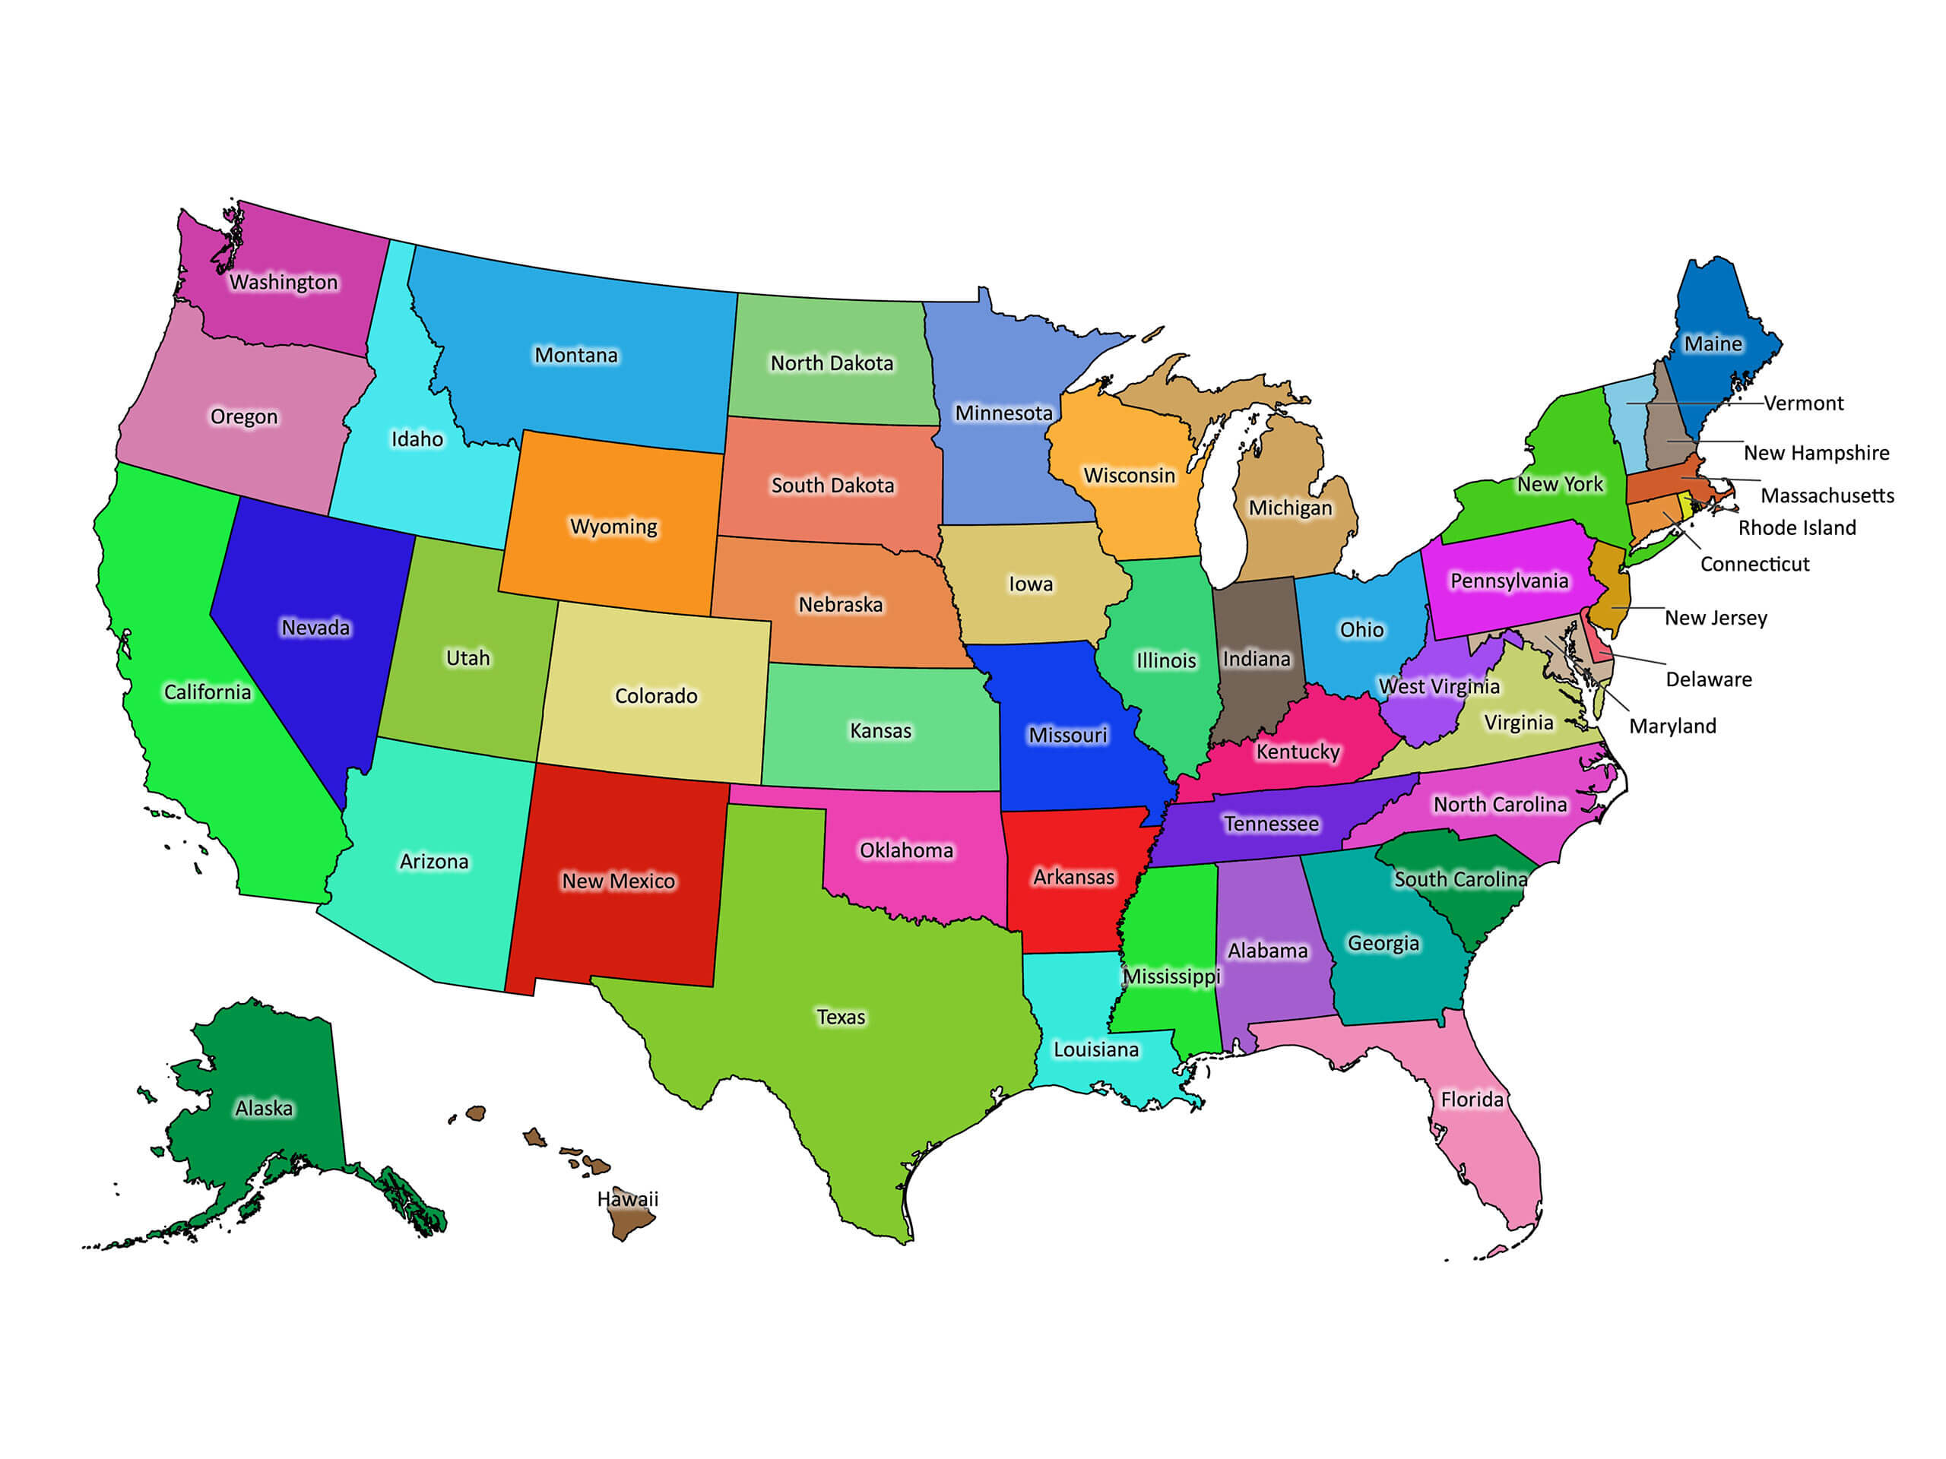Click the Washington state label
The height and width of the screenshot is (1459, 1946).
pos(284,283)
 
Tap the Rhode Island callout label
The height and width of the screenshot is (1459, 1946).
pos(1796,527)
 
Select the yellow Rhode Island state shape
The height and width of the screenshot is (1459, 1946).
pos(1685,505)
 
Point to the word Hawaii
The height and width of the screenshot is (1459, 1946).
pos(627,1198)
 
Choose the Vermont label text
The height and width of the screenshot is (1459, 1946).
pos(1804,404)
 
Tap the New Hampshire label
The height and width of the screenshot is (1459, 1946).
pos(1816,453)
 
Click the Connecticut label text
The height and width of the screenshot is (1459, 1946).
pos(1754,565)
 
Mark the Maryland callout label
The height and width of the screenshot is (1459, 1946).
pos(1672,726)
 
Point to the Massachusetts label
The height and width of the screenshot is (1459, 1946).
pos(1827,496)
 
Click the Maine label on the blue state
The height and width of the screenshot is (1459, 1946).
pos(1713,344)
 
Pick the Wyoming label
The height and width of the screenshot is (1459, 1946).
pos(613,527)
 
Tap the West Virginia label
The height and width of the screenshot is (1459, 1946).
pos(1438,687)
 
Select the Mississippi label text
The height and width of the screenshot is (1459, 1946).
pos(1171,976)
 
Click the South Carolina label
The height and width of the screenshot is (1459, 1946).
pos(1460,879)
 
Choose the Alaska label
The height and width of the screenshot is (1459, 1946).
pos(264,1108)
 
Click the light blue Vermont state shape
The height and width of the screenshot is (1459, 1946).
pos(1628,423)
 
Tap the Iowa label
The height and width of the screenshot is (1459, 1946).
pos(1030,584)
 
